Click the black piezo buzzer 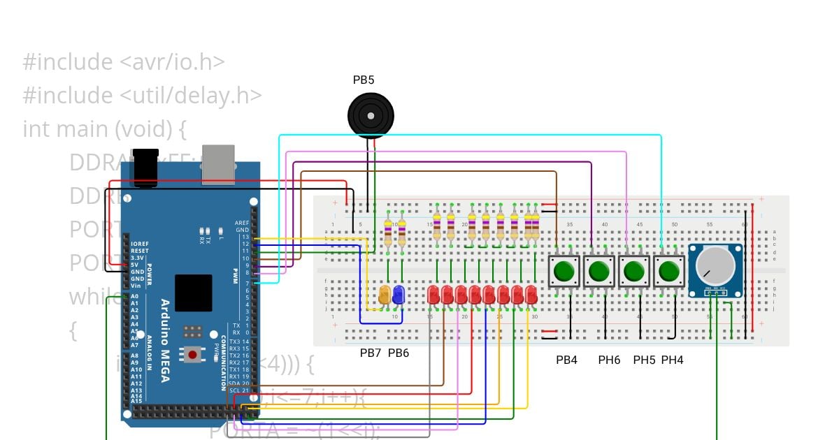tap(371, 115)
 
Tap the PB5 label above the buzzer tap(364, 80)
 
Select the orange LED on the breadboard tap(384, 295)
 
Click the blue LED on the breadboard tap(398, 295)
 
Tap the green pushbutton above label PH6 tap(598, 270)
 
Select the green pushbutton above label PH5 tap(633, 270)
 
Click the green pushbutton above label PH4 tap(669, 270)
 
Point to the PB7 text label tap(371, 353)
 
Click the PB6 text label tap(399, 353)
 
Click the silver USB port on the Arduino tap(218, 164)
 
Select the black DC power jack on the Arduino tap(145, 166)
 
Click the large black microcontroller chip tap(193, 293)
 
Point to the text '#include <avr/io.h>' tap(124, 62)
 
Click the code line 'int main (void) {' tap(106, 129)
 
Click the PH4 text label tap(672, 360)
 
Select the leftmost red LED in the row tap(433, 295)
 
